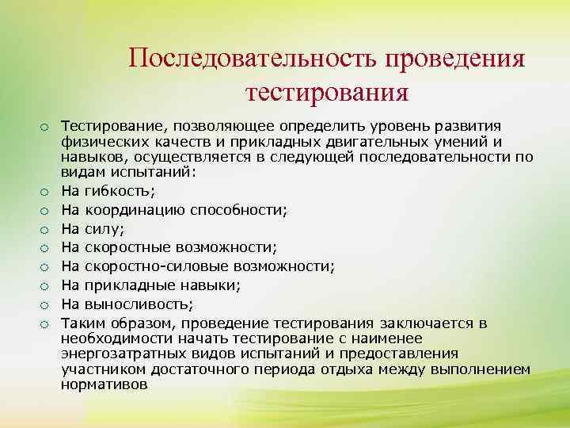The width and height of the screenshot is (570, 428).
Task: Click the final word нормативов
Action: tap(104, 382)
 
